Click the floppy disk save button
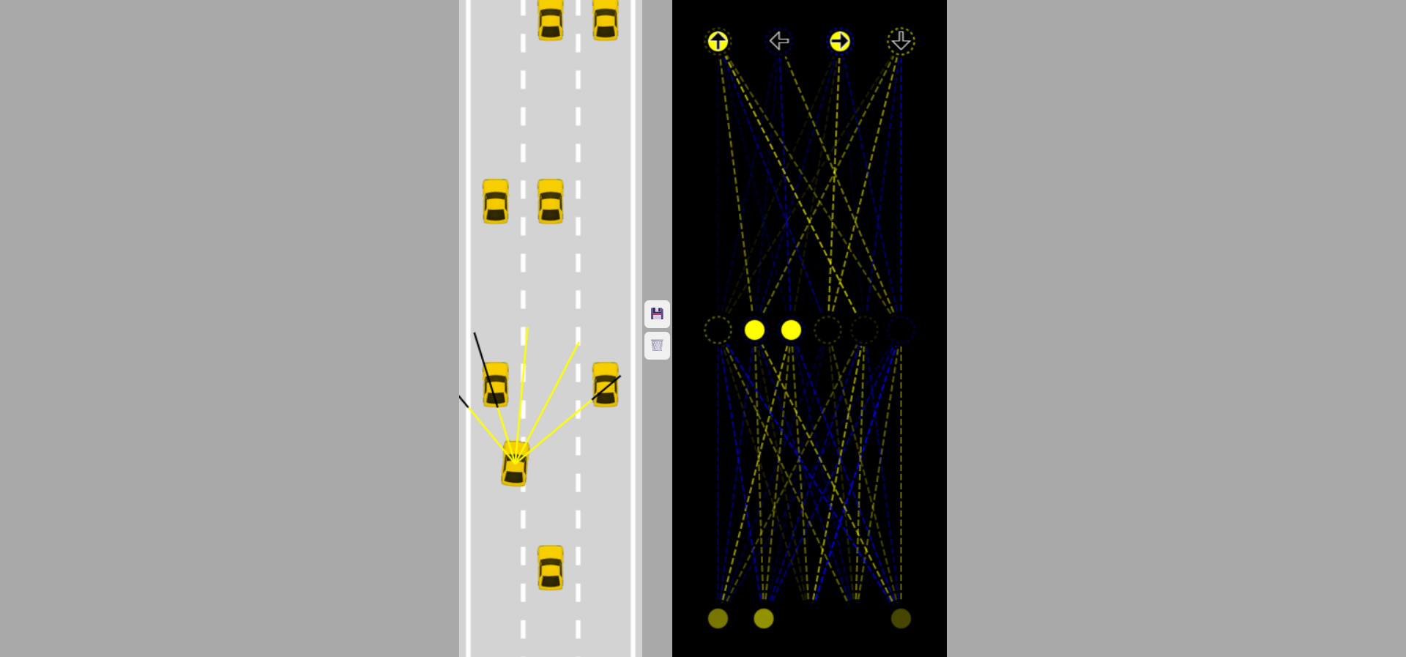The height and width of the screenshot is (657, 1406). [657, 314]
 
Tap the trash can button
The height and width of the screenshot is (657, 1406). [657, 346]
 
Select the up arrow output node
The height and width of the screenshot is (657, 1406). [718, 41]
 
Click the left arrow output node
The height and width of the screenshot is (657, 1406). [779, 41]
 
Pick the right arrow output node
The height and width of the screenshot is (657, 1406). [840, 41]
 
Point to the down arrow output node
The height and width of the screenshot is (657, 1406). [901, 41]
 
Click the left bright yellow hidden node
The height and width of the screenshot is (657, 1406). [754, 330]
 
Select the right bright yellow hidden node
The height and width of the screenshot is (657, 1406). [791, 330]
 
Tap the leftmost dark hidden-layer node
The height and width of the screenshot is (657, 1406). [718, 330]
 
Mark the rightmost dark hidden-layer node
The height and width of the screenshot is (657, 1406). [901, 330]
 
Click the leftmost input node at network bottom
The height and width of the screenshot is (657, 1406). [718, 618]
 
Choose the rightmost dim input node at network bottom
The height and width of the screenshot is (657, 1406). [901, 618]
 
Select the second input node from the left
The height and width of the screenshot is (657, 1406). [764, 618]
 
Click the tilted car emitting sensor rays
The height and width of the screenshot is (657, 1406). [515, 464]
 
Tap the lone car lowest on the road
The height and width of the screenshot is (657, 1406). [551, 568]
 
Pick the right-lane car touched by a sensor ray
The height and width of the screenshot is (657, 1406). [606, 385]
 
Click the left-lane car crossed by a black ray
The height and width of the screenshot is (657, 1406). [496, 385]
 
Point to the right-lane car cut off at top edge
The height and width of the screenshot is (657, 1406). [606, 20]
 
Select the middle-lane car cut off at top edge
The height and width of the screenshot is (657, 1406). [551, 20]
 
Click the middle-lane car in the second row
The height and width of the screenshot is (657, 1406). [551, 201]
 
